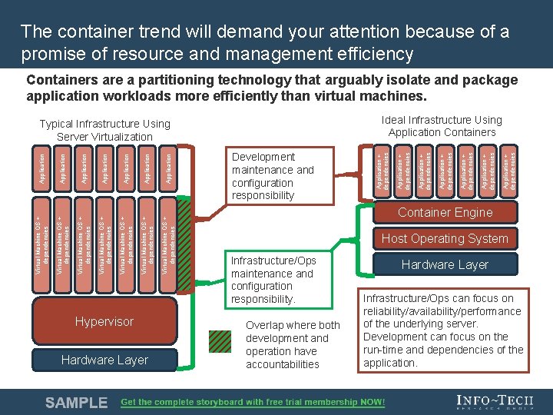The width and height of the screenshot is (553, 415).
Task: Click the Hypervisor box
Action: coord(104,321)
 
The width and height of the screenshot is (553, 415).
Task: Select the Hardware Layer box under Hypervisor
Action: coord(104,360)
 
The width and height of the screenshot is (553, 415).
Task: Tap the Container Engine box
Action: coord(445,213)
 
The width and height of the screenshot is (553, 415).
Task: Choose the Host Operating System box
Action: coord(445,238)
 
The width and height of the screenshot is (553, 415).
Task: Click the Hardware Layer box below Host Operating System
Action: coord(445,264)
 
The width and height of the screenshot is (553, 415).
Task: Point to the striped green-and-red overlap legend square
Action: coord(221,341)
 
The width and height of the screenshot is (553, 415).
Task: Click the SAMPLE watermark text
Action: coord(76,402)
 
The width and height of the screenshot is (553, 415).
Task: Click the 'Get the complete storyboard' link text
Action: coord(253,402)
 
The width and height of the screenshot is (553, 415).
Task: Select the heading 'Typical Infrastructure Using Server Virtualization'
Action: coord(104,130)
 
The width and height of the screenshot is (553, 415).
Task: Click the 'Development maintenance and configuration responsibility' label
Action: coord(273,176)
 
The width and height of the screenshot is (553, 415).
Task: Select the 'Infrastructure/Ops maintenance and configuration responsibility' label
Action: coord(273,280)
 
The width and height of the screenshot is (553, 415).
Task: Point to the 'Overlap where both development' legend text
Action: coord(293,344)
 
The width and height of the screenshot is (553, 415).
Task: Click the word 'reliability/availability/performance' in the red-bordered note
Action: coord(442,311)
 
